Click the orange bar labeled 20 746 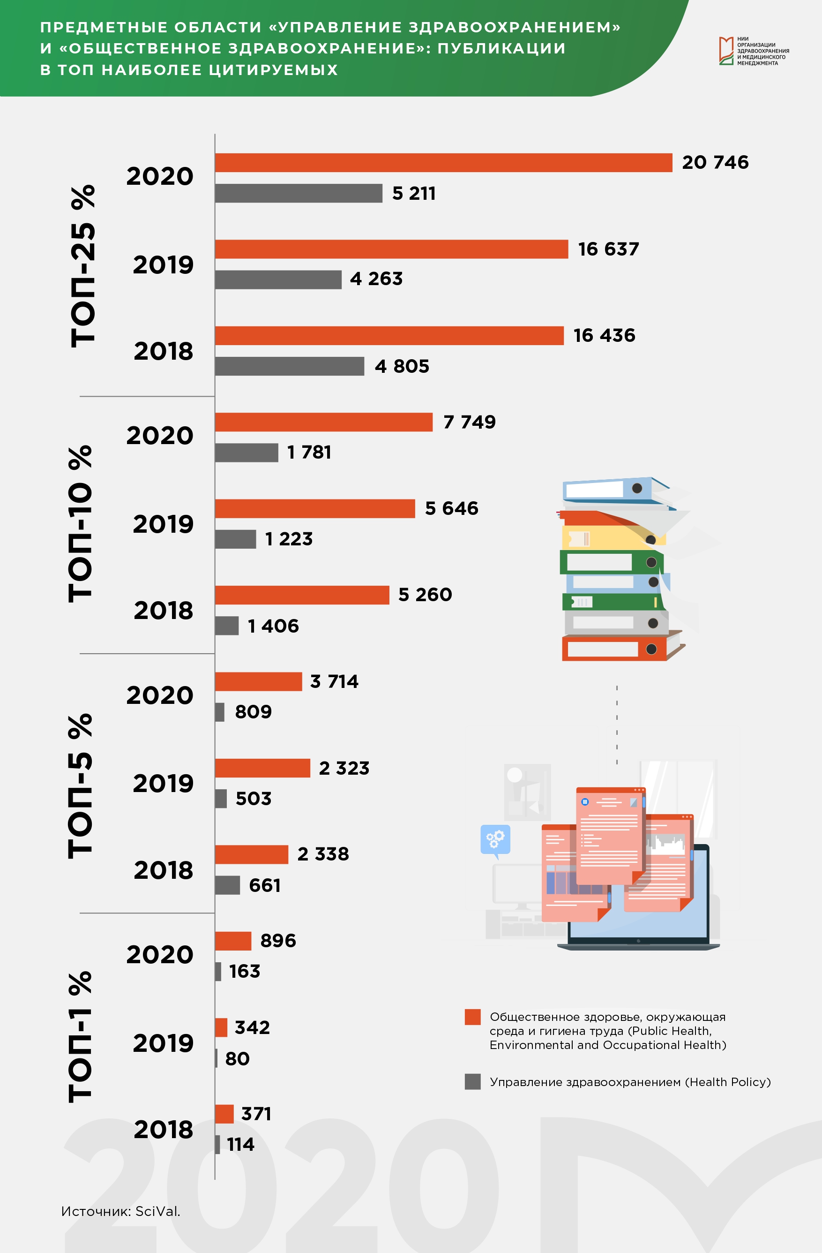pos(444,163)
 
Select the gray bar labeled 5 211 pos(299,193)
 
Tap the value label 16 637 pos(608,249)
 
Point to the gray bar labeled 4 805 pos(290,366)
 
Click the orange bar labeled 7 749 pos(324,422)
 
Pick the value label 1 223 pos(289,539)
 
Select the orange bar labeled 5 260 pos(302,595)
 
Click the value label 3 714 pos(334,681)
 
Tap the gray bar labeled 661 pos(227,885)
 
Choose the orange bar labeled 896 pos(233,941)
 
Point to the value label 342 pos(252,1027)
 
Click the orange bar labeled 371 pos(224,1114)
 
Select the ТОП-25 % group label pos(83,266)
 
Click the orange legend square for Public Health pos(472,1017)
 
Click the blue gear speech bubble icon pos(495,841)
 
